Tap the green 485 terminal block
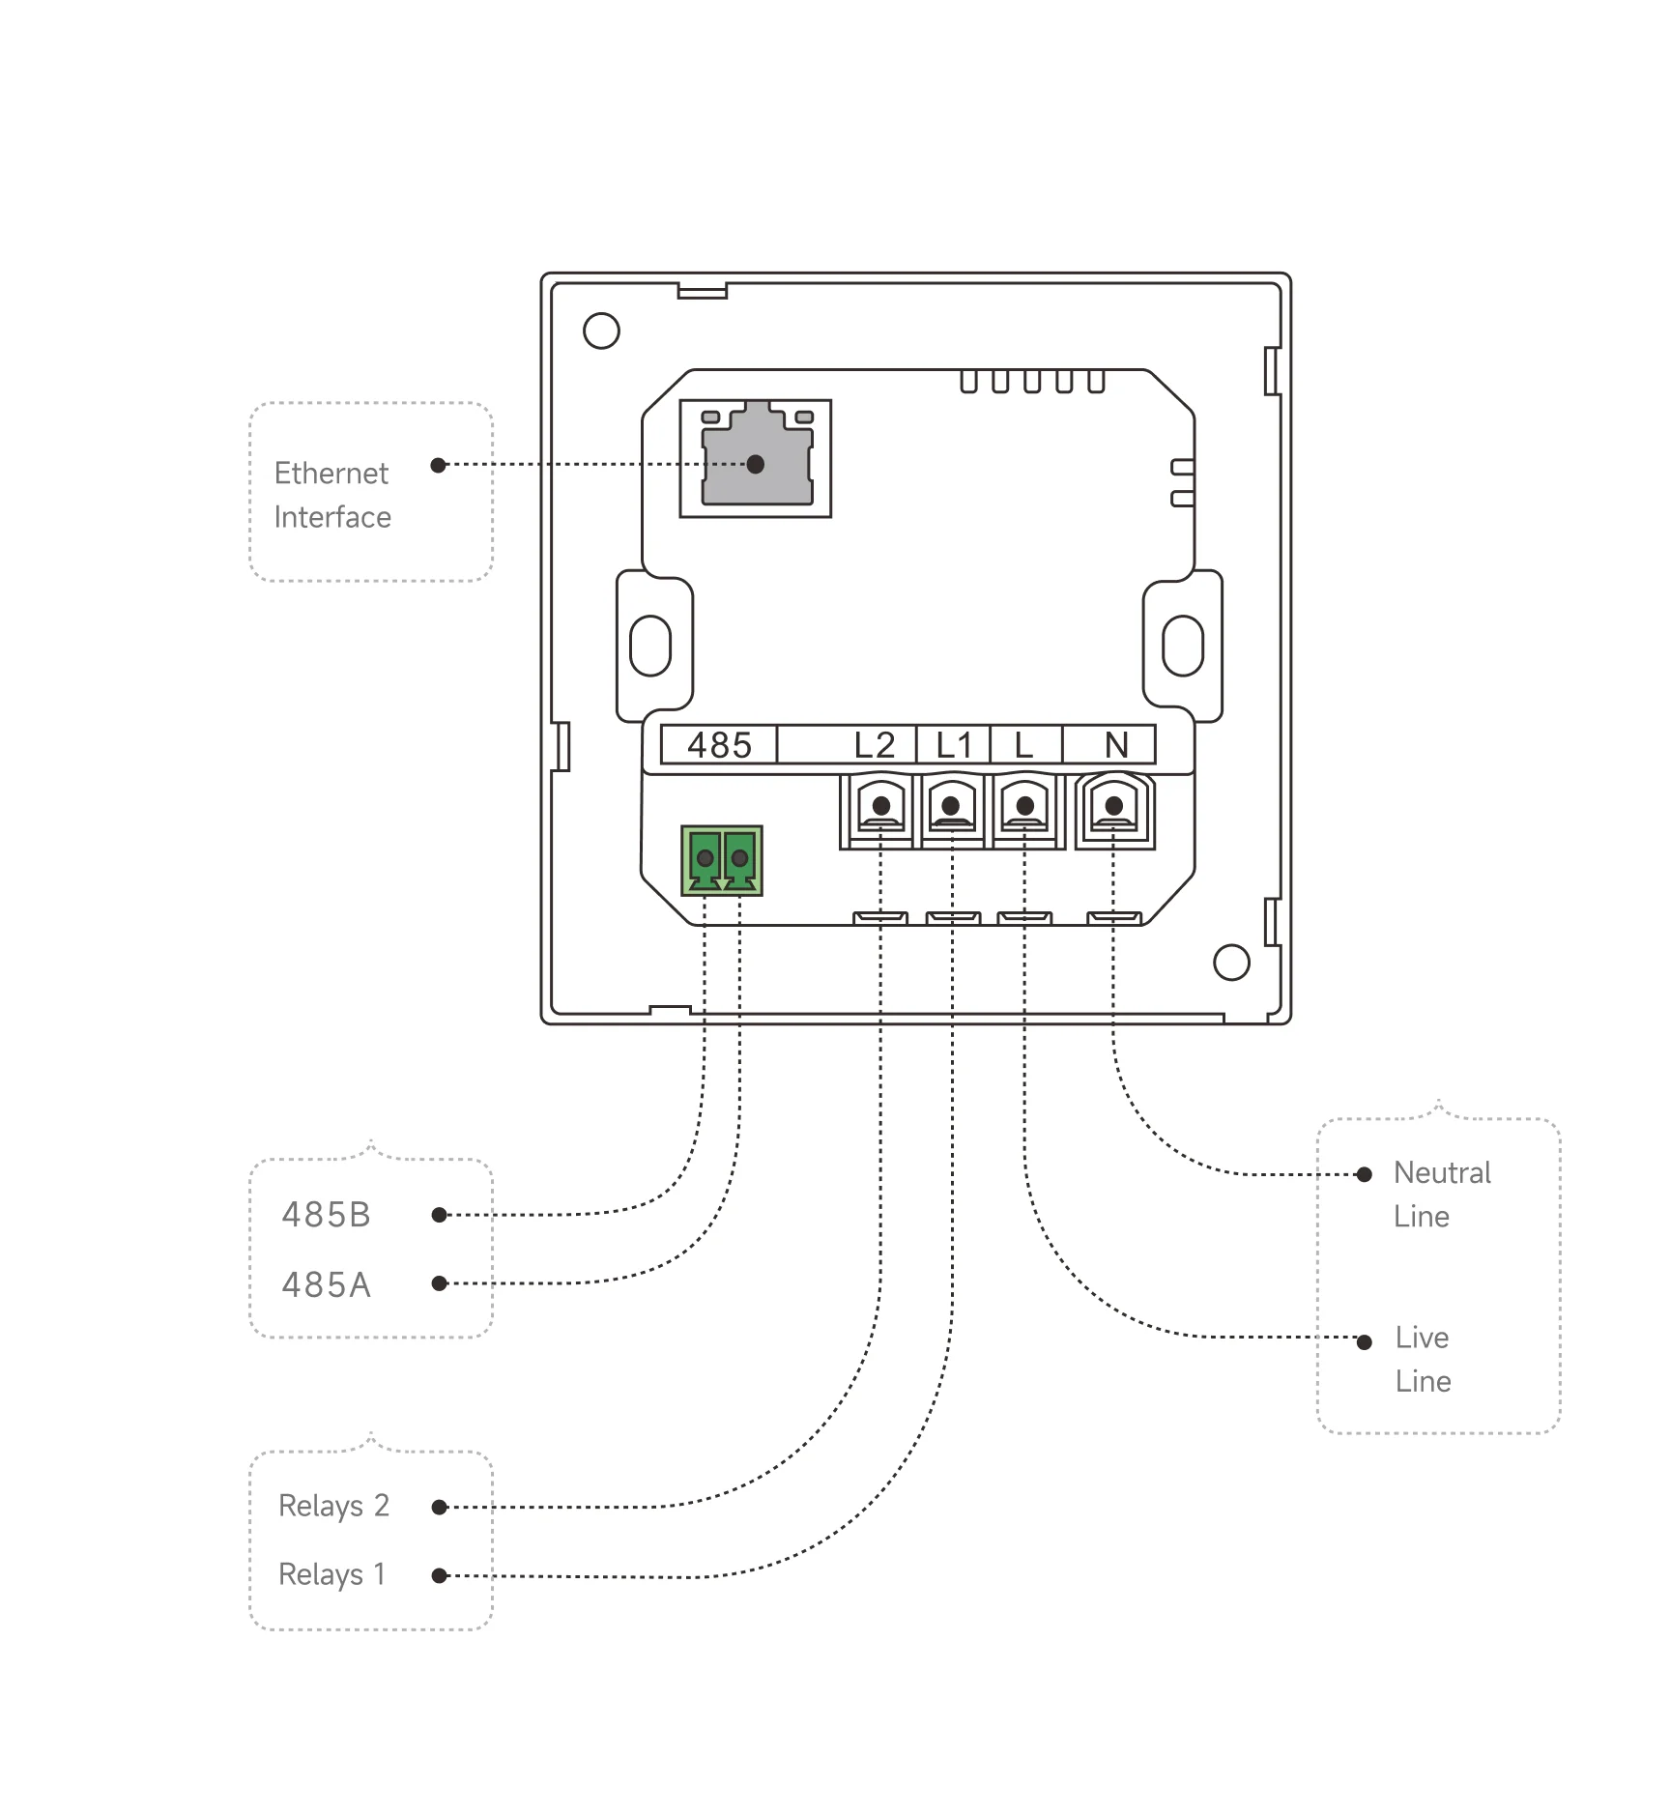pyautogui.click(x=721, y=860)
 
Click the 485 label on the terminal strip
pyautogui.click(x=719, y=745)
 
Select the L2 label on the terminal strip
pyautogui.click(x=875, y=745)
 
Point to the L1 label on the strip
pyautogui.click(x=953, y=745)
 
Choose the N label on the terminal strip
pyautogui.click(x=1116, y=745)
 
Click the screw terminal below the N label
pyautogui.click(x=1114, y=808)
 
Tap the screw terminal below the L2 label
pyautogui.click(x=880, y=808)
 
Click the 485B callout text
pyautogui.click(x=327, y=1215)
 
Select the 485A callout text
pyautogui.click(x=327, y=1284)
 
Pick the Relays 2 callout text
pyautogui.click(x=333, y=1506)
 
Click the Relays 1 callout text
pyautogui.click(x=331, y=1574)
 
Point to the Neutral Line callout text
pyautogui.click(x=1441, y=1195)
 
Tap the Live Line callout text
pyautogui.click(x=1423, y=1359)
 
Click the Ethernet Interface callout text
pyautogui.click(x=332, y=495)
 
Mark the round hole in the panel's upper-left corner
pyautogui.click(x=601, y=331)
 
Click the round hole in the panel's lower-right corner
pyautogui.click(x=1231, y=962)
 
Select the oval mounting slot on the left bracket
pyautogui.click(x=649, y=646)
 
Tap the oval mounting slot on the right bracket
pyautogui.click(x=1182, y=646)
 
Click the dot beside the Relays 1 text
pyautogui.click(x=439, y=1575)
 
